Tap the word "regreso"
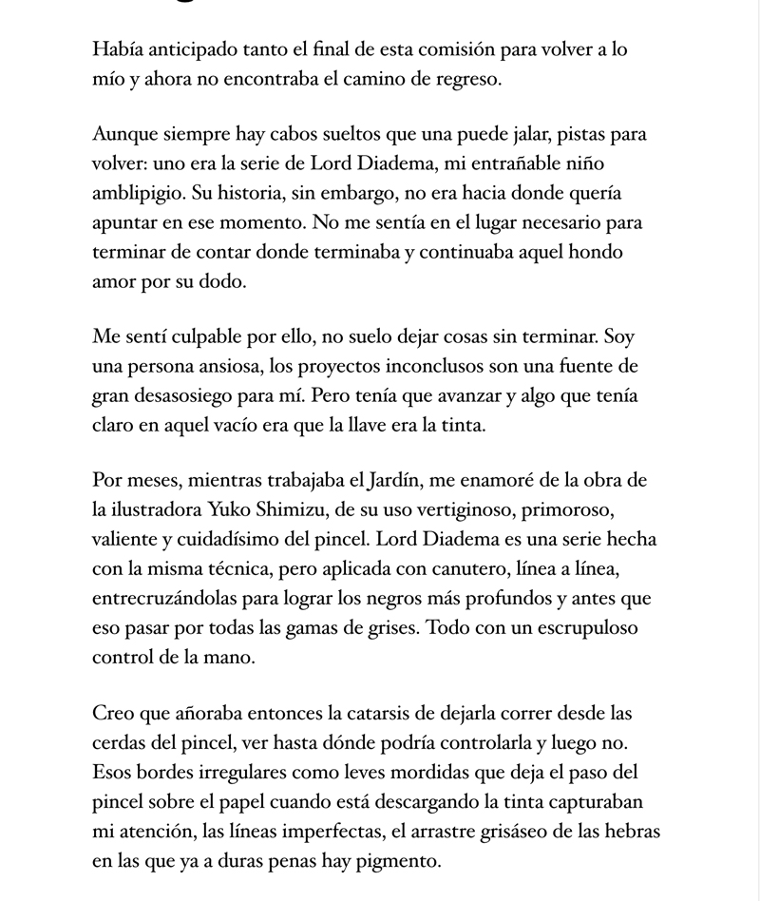coord(465,79)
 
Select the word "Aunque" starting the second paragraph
coord(124,134)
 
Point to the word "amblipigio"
coord(138,193)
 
